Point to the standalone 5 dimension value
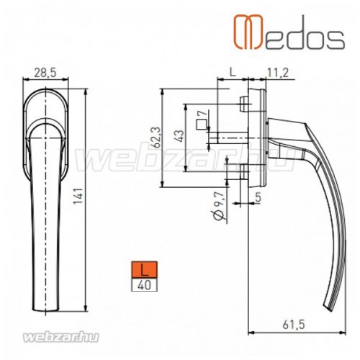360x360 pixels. [258, 194]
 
